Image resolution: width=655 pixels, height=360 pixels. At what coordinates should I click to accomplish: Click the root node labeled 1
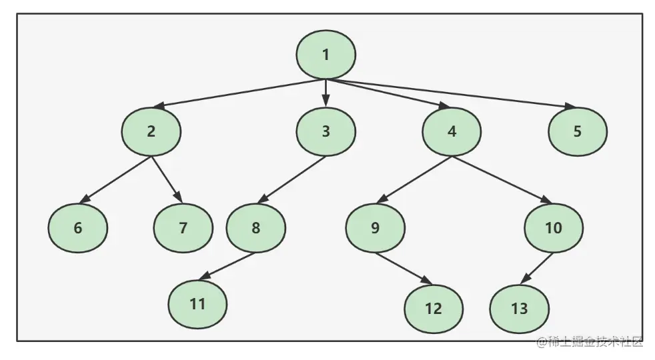325,55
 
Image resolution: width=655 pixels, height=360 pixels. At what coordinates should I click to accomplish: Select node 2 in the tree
151,131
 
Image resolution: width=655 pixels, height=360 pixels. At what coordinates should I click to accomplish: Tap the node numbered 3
325,131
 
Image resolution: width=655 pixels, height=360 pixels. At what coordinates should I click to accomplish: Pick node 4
452,131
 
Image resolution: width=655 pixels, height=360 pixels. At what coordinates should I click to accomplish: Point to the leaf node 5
578,131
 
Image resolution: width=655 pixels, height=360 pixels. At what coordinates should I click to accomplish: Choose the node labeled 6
77,227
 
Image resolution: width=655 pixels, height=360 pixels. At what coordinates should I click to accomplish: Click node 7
183,227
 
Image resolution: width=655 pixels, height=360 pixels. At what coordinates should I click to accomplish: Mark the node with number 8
255,227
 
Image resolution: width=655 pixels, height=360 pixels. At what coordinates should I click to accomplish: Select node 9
375,227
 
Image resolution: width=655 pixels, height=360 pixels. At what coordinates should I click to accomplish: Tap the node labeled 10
554,227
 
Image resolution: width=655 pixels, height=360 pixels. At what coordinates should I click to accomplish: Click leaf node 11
197,303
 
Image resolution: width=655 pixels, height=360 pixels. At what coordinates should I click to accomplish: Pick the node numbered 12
434,308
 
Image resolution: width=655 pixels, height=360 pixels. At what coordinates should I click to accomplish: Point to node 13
519,308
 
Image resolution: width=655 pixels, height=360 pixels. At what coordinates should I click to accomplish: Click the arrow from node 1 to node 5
454,93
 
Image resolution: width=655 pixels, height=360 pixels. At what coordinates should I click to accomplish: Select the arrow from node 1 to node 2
240,93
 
